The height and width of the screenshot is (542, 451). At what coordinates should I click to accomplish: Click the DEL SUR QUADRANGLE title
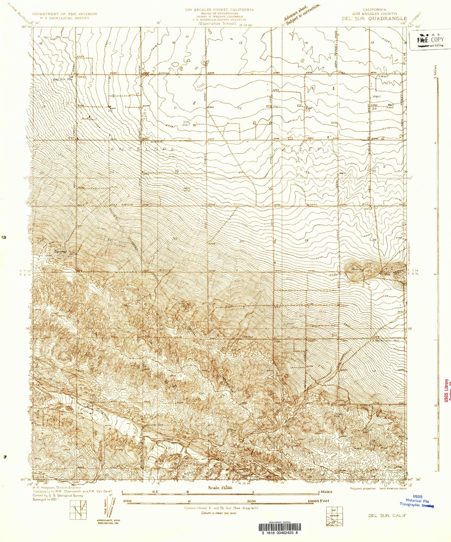click(374, 18)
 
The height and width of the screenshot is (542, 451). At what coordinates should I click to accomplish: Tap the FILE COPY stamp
click(431, 40)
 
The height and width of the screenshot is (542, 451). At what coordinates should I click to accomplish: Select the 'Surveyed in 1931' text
click(45, 500)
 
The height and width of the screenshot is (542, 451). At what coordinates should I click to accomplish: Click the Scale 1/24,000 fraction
click(224, 488)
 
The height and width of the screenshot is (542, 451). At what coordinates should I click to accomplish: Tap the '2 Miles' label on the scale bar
click(325, 491)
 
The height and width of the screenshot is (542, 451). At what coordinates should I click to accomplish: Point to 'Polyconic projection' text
click(363, 488)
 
